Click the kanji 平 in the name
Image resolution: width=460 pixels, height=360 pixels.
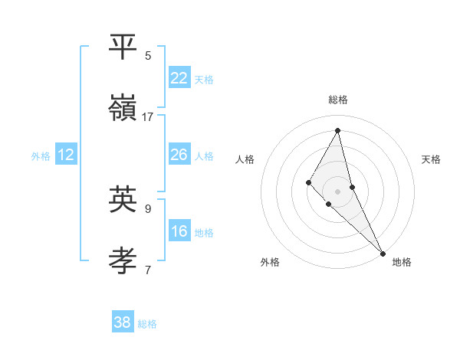[123, 47]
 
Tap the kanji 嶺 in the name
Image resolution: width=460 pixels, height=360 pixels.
[123, 108]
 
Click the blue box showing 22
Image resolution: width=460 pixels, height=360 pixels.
[179, 78]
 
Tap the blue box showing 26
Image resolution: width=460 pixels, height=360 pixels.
[179, 155]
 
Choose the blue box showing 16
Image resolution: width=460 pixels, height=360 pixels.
[179, 231]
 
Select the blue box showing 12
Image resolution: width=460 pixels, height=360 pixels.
[66, 155]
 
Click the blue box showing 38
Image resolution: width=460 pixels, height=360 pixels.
[123, 322]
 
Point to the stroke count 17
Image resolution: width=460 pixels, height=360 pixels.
[148, 117]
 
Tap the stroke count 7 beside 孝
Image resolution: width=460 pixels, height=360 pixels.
[148, 270]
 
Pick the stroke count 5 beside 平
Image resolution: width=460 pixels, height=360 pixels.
[148, 56]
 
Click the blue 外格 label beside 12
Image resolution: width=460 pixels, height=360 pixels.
[41, 155]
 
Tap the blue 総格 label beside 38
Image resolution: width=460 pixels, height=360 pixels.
[147, 323]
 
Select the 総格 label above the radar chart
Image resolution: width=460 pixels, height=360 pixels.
[337, 100]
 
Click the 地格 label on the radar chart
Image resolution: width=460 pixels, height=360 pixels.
[402, 262]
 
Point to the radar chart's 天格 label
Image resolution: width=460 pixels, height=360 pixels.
[432, 159]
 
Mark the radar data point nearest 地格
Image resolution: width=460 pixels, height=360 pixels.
[383, 254]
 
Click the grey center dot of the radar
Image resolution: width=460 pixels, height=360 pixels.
[337, 191]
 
